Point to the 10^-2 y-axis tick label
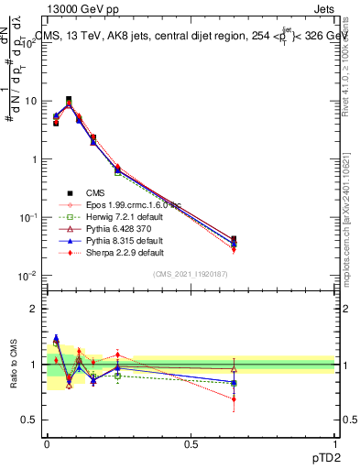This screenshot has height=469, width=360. (27, 276)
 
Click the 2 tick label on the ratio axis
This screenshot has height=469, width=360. (34, 309)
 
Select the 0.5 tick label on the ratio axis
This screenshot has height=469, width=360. (29, 420)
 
